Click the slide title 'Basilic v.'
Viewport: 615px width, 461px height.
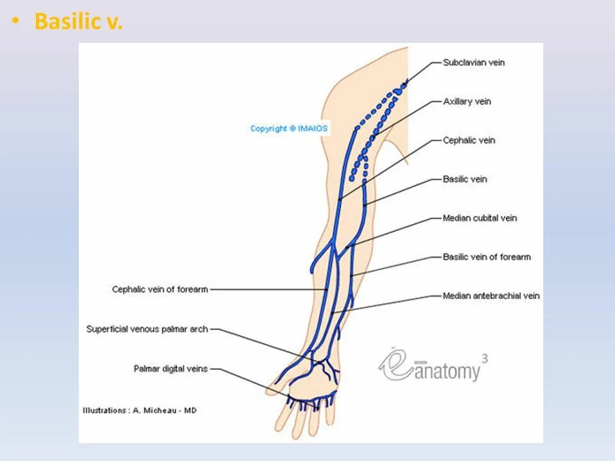click(x=78, y=22)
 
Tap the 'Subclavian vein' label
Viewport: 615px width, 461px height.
click(x=473, y=63)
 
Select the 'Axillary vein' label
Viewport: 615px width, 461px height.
click(x=467, y=102)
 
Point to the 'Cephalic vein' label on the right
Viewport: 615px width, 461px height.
click(x=469, y=140)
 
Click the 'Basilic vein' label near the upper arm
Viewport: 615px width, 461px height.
click(x=465, y=179)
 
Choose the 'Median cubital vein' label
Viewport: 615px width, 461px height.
click(x=480, y=218)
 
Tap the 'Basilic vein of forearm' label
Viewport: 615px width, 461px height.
click(x=487, y=257)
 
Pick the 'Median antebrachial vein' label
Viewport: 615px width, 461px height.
click(x=491, y=296)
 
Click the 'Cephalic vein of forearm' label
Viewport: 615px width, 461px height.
click(x=160, y=289)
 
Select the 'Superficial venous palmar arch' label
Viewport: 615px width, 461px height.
click(x=147, y=329)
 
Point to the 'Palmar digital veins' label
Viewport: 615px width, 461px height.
click(x=171, y=369)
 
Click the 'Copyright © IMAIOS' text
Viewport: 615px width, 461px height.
click(x=289, y=129)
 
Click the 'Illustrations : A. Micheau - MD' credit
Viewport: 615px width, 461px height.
click(x=140, y=410)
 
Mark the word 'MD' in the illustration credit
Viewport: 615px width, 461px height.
click(x=190, y=410)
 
